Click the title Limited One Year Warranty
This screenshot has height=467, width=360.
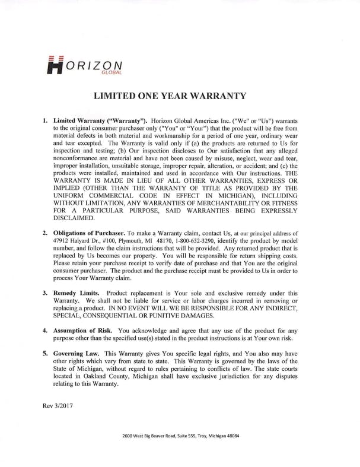pos(179,96)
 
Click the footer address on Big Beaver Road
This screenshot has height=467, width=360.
pos(180,436)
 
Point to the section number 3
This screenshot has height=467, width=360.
pos(45,293)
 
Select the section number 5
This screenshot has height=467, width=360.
pos(45,354)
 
